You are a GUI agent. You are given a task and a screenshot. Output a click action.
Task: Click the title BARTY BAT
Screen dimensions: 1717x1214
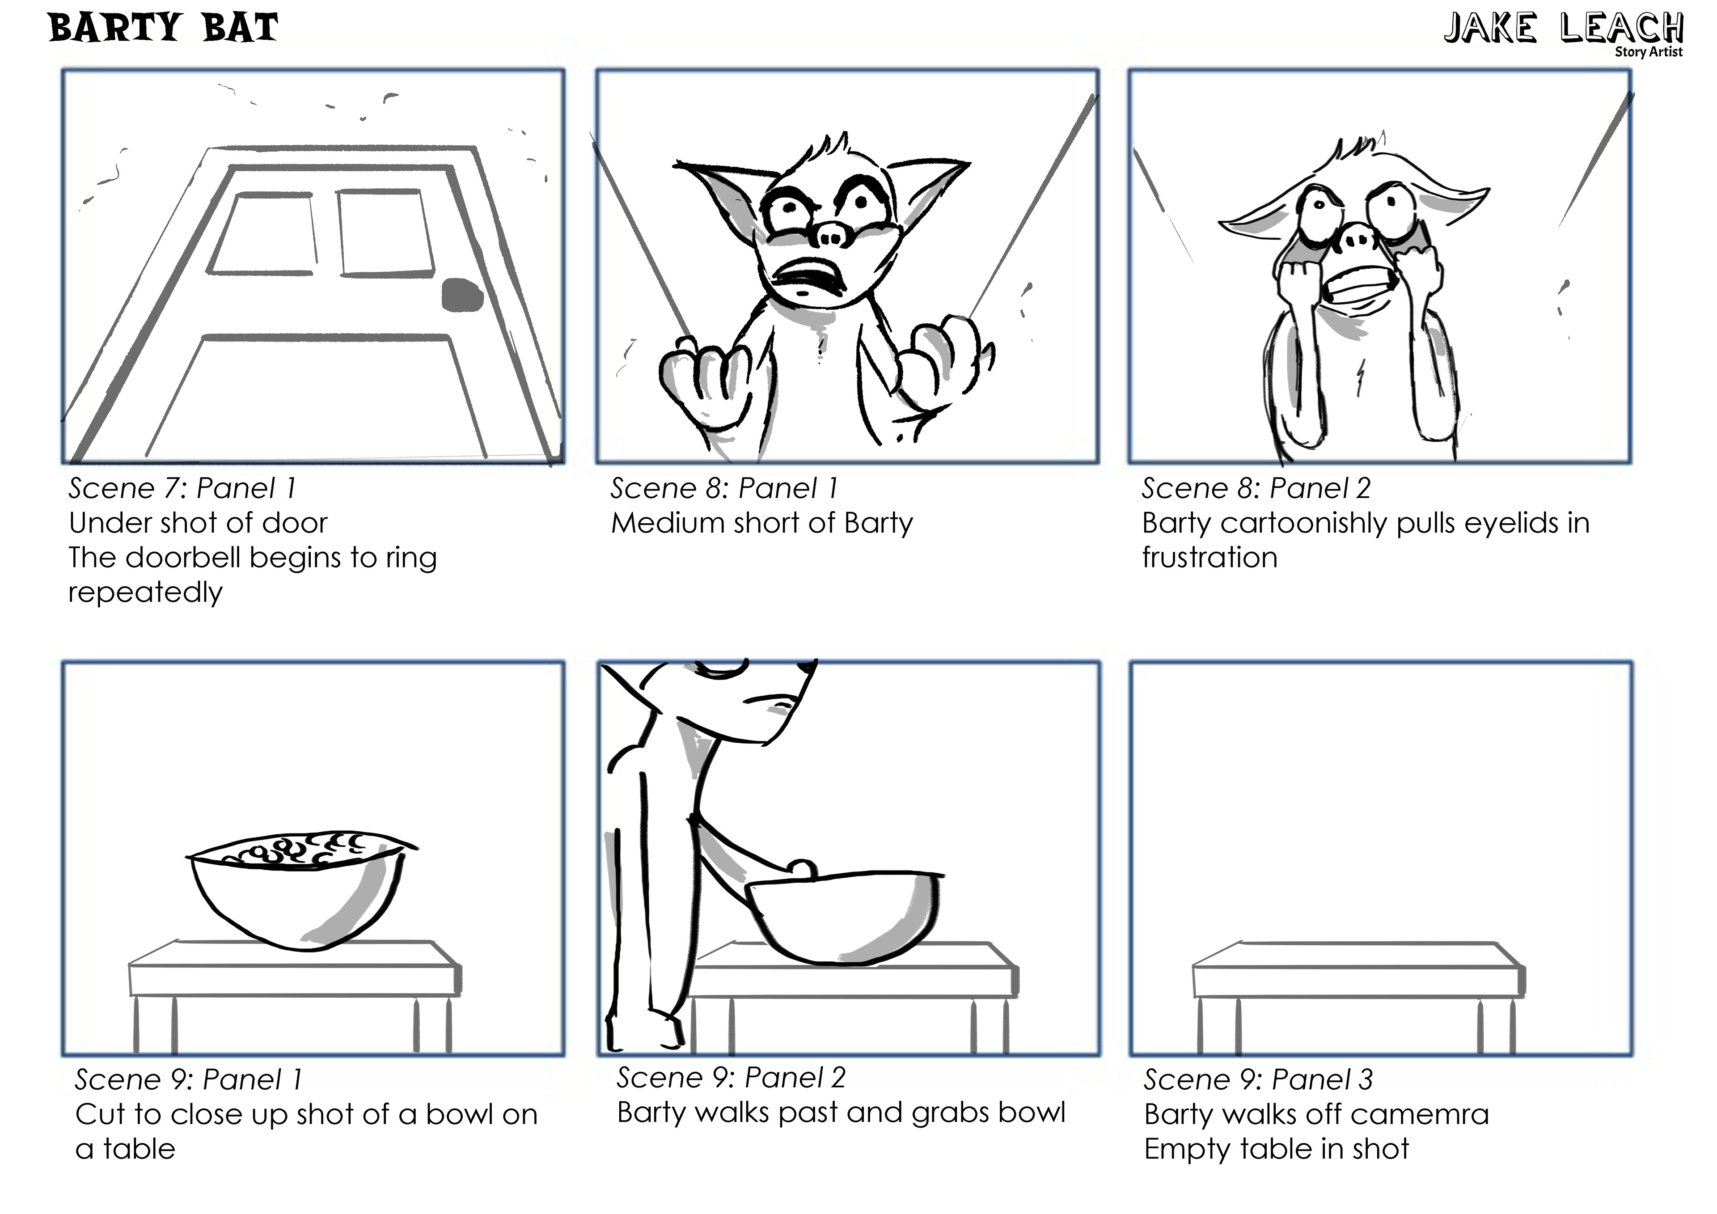(x=163, y=29)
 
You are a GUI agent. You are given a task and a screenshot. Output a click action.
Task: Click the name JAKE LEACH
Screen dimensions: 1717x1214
(x=1563, y=29)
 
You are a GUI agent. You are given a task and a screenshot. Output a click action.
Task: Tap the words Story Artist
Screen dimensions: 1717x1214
(x=1648, y=51)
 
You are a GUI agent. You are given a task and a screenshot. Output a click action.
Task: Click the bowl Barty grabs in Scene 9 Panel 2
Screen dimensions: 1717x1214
(x=845, y=916)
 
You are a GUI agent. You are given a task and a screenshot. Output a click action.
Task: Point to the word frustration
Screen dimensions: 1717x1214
(x=1209, y=557)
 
